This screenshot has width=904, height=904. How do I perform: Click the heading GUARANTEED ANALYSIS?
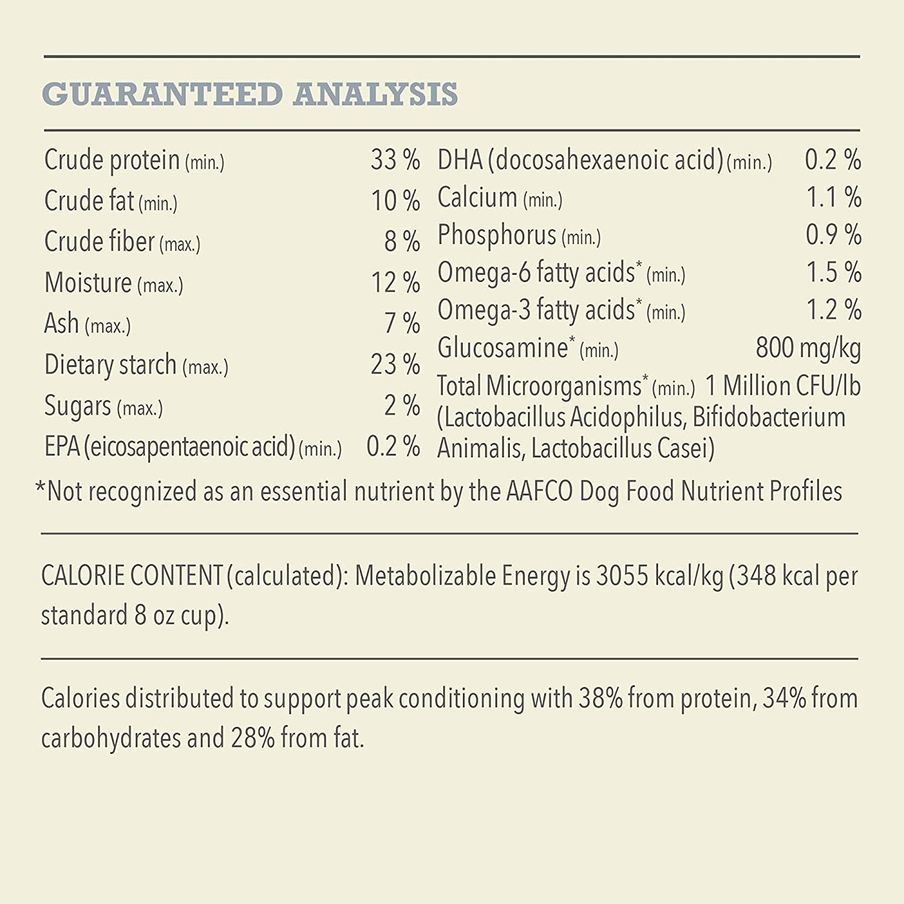pos(250,94)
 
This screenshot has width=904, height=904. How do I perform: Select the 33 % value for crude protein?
pos(395,160)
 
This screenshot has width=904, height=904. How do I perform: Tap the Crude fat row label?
pos(111,201)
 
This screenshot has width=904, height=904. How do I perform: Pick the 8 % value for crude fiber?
pos(402,241)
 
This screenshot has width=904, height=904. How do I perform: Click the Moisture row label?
pos(113,283)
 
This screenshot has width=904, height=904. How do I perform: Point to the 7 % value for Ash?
pos(402,323)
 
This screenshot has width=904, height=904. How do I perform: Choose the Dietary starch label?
pos(136,365)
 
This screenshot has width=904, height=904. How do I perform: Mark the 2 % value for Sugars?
pos(402,405)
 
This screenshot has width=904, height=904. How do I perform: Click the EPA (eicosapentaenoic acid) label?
pos(193,447)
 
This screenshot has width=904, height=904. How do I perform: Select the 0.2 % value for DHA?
pos(833,160)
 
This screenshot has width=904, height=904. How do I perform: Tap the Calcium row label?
pos(499,198)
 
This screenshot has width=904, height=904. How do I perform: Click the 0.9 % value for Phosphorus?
pos(833,235)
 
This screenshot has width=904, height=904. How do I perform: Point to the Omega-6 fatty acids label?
pos(561,273)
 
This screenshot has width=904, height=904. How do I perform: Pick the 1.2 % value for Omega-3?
pos(833,310)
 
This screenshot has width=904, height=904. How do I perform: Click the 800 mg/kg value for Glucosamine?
pos(808,348)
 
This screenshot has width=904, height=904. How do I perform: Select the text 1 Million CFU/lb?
pos(783,386)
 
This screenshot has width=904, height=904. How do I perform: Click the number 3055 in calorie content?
pos(622,576)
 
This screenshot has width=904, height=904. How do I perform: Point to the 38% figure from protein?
pos(600,698)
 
